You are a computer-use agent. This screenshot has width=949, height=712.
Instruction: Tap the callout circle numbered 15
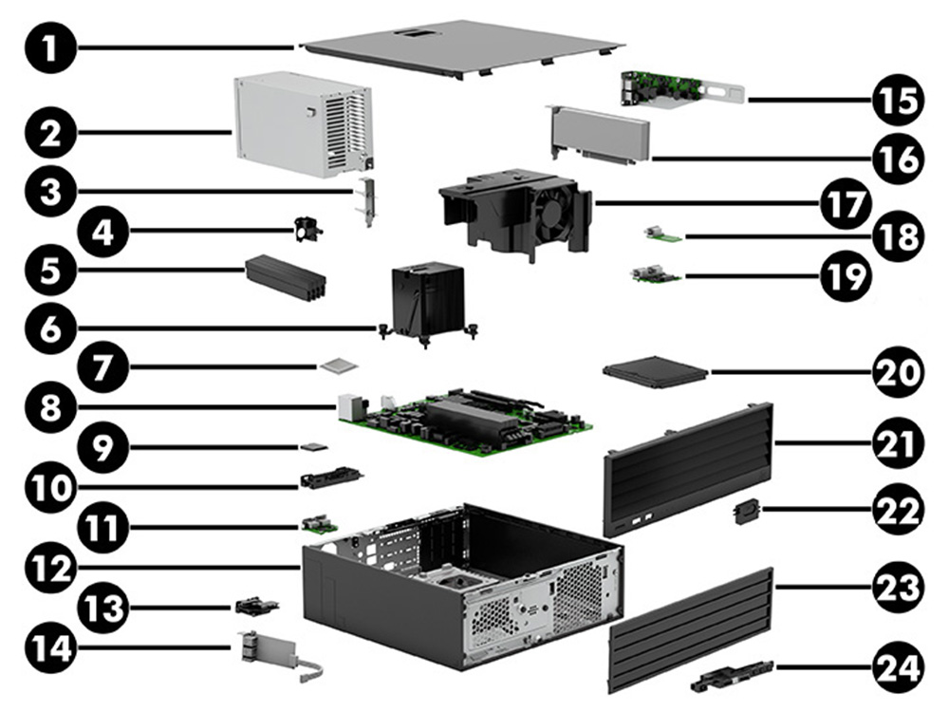click(x=896, y=97)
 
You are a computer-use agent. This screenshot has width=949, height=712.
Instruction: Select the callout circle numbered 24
click(x=896, y=666)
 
